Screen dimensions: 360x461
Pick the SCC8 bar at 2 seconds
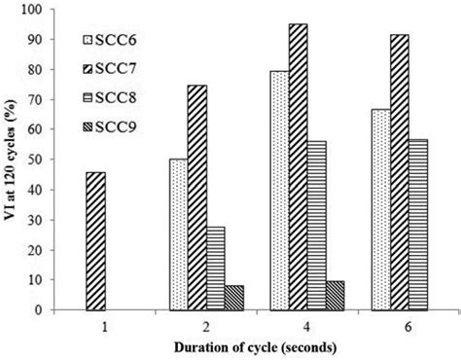click(217, 269)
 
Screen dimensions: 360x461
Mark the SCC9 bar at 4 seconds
click(336, 296)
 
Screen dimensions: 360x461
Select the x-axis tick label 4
click(306, 329)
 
